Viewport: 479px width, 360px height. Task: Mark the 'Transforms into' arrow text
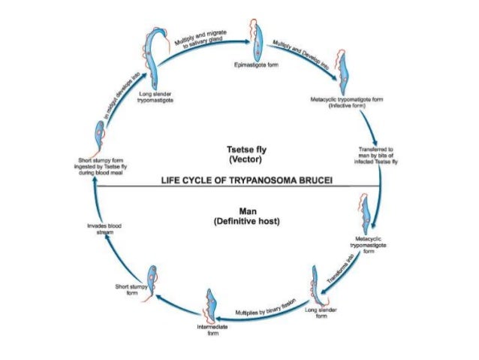pos(342,269)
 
